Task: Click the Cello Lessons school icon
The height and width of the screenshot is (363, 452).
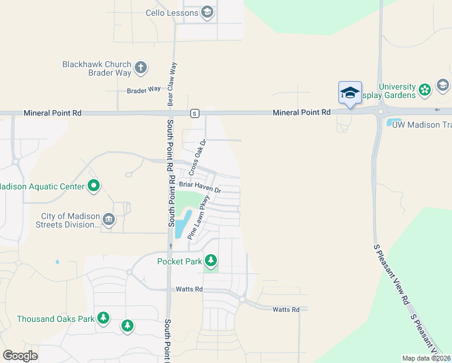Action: (x=207, y=13)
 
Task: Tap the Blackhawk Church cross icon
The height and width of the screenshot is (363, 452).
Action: (x=141, y=67)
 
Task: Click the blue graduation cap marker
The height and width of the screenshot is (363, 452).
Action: (x=350, y=93)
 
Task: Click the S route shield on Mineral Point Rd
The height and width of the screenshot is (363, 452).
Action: (x=194, y=113)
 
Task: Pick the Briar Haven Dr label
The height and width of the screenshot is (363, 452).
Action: (x=200, y=191)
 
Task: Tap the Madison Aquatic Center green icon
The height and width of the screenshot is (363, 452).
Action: (x=94, y=186)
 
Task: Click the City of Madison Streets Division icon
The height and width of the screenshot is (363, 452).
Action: (x=109, y=219)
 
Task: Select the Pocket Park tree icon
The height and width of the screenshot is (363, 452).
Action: (x=210, y=261)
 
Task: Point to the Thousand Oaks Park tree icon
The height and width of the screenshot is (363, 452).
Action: (x=103, y=318)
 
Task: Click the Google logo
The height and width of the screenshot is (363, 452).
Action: (x=20, y=355)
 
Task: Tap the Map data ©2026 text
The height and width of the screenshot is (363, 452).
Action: (x=426, y=358)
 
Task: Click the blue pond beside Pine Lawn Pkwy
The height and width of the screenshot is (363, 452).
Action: (x=182, y=224)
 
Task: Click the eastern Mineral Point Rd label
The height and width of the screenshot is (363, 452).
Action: (x=302, y=113)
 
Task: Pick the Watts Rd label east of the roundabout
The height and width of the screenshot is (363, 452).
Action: (x=286, y=310)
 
